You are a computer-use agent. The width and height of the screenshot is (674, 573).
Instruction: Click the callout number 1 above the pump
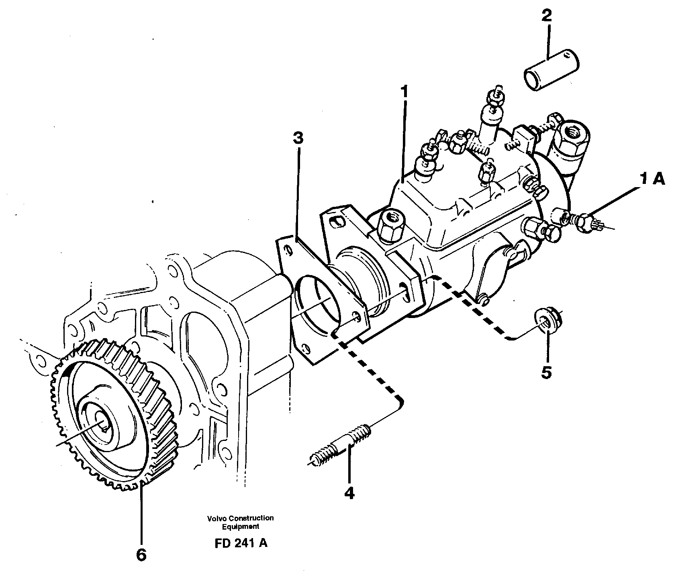[x=405, y=92]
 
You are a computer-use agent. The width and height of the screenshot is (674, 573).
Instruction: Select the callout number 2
[x=547, y=16]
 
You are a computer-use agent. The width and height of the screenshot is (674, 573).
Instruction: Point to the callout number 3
[x=298, y=139]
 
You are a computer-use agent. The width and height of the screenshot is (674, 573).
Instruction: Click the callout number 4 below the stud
[x=349, y=493]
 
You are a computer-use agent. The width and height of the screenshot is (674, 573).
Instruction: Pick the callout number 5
[x=546, y=372]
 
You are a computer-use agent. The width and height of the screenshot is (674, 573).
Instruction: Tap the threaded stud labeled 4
[x=341, y=447]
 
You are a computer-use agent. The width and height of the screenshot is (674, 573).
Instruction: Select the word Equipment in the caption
[x=241, y=526]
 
